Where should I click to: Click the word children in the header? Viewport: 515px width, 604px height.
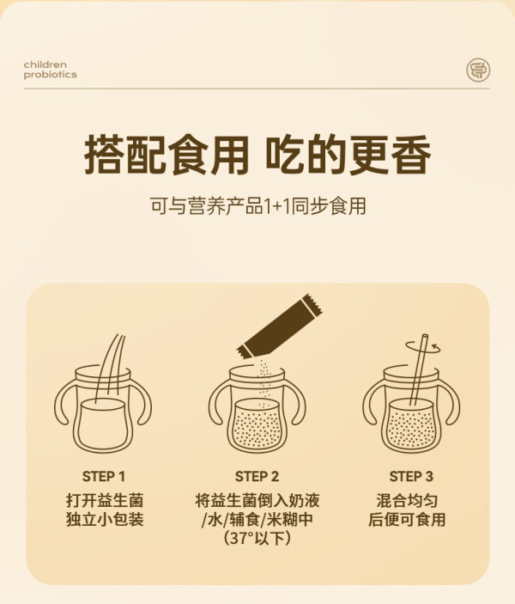pyautogui.click(x=45, y=64)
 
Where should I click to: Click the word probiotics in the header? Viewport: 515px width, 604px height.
pyautogui.click(x=50, y=75)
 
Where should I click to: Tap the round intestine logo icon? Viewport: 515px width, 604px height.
pyautogui.click(x=478, y=70)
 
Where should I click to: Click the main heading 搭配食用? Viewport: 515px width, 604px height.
pyautogui.click(x=167, y=155)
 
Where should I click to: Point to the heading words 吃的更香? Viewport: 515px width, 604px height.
pyautogui.click(x=348, y=155)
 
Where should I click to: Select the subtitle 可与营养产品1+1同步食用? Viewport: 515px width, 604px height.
pyautogui.click(x=257, y=205)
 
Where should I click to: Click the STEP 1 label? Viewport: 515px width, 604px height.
pyautogui.click(x=104, y=477)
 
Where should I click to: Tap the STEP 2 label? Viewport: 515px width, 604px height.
pyautogui.click(x=257, y=477)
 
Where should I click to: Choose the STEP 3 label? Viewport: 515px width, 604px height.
pyautogui.click(x=411, y=477)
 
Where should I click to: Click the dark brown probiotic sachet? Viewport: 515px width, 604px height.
pyautogui.click(x=280, y=327)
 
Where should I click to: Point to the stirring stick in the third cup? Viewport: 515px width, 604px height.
pyautogui.click(x=418, y=369)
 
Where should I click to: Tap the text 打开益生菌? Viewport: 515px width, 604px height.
pyautogui.click(x=105, y=500)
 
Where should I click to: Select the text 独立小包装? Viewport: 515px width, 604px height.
pyautogui.click(x=105, y=519)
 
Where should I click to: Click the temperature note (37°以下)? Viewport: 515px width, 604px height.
pyautogui.click(x=257, y=538)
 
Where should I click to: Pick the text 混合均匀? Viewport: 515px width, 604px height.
pyautogui.click(x=407, y=500)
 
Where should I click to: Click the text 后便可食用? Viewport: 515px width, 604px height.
pyautogui.click(x=407, y=519)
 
